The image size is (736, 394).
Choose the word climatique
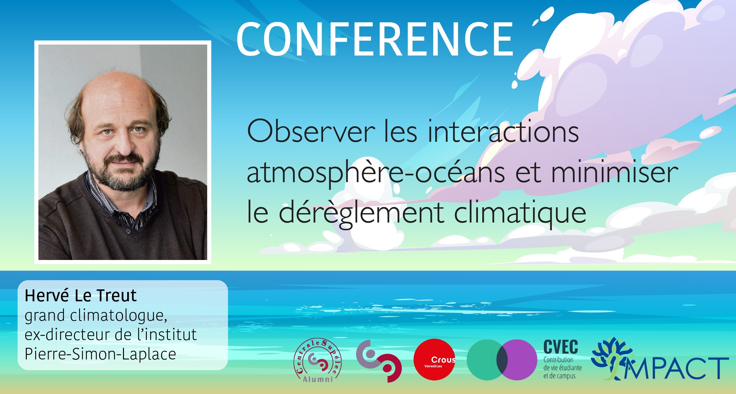point(520,213)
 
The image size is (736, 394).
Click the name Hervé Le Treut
point(81,295)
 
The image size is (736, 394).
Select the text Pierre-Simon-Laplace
point(100,354)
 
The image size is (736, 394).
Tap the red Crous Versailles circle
point(434,359)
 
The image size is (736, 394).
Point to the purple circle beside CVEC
point(517,360)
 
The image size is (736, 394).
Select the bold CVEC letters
point(561,347)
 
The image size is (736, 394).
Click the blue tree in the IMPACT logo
point(611,355)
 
